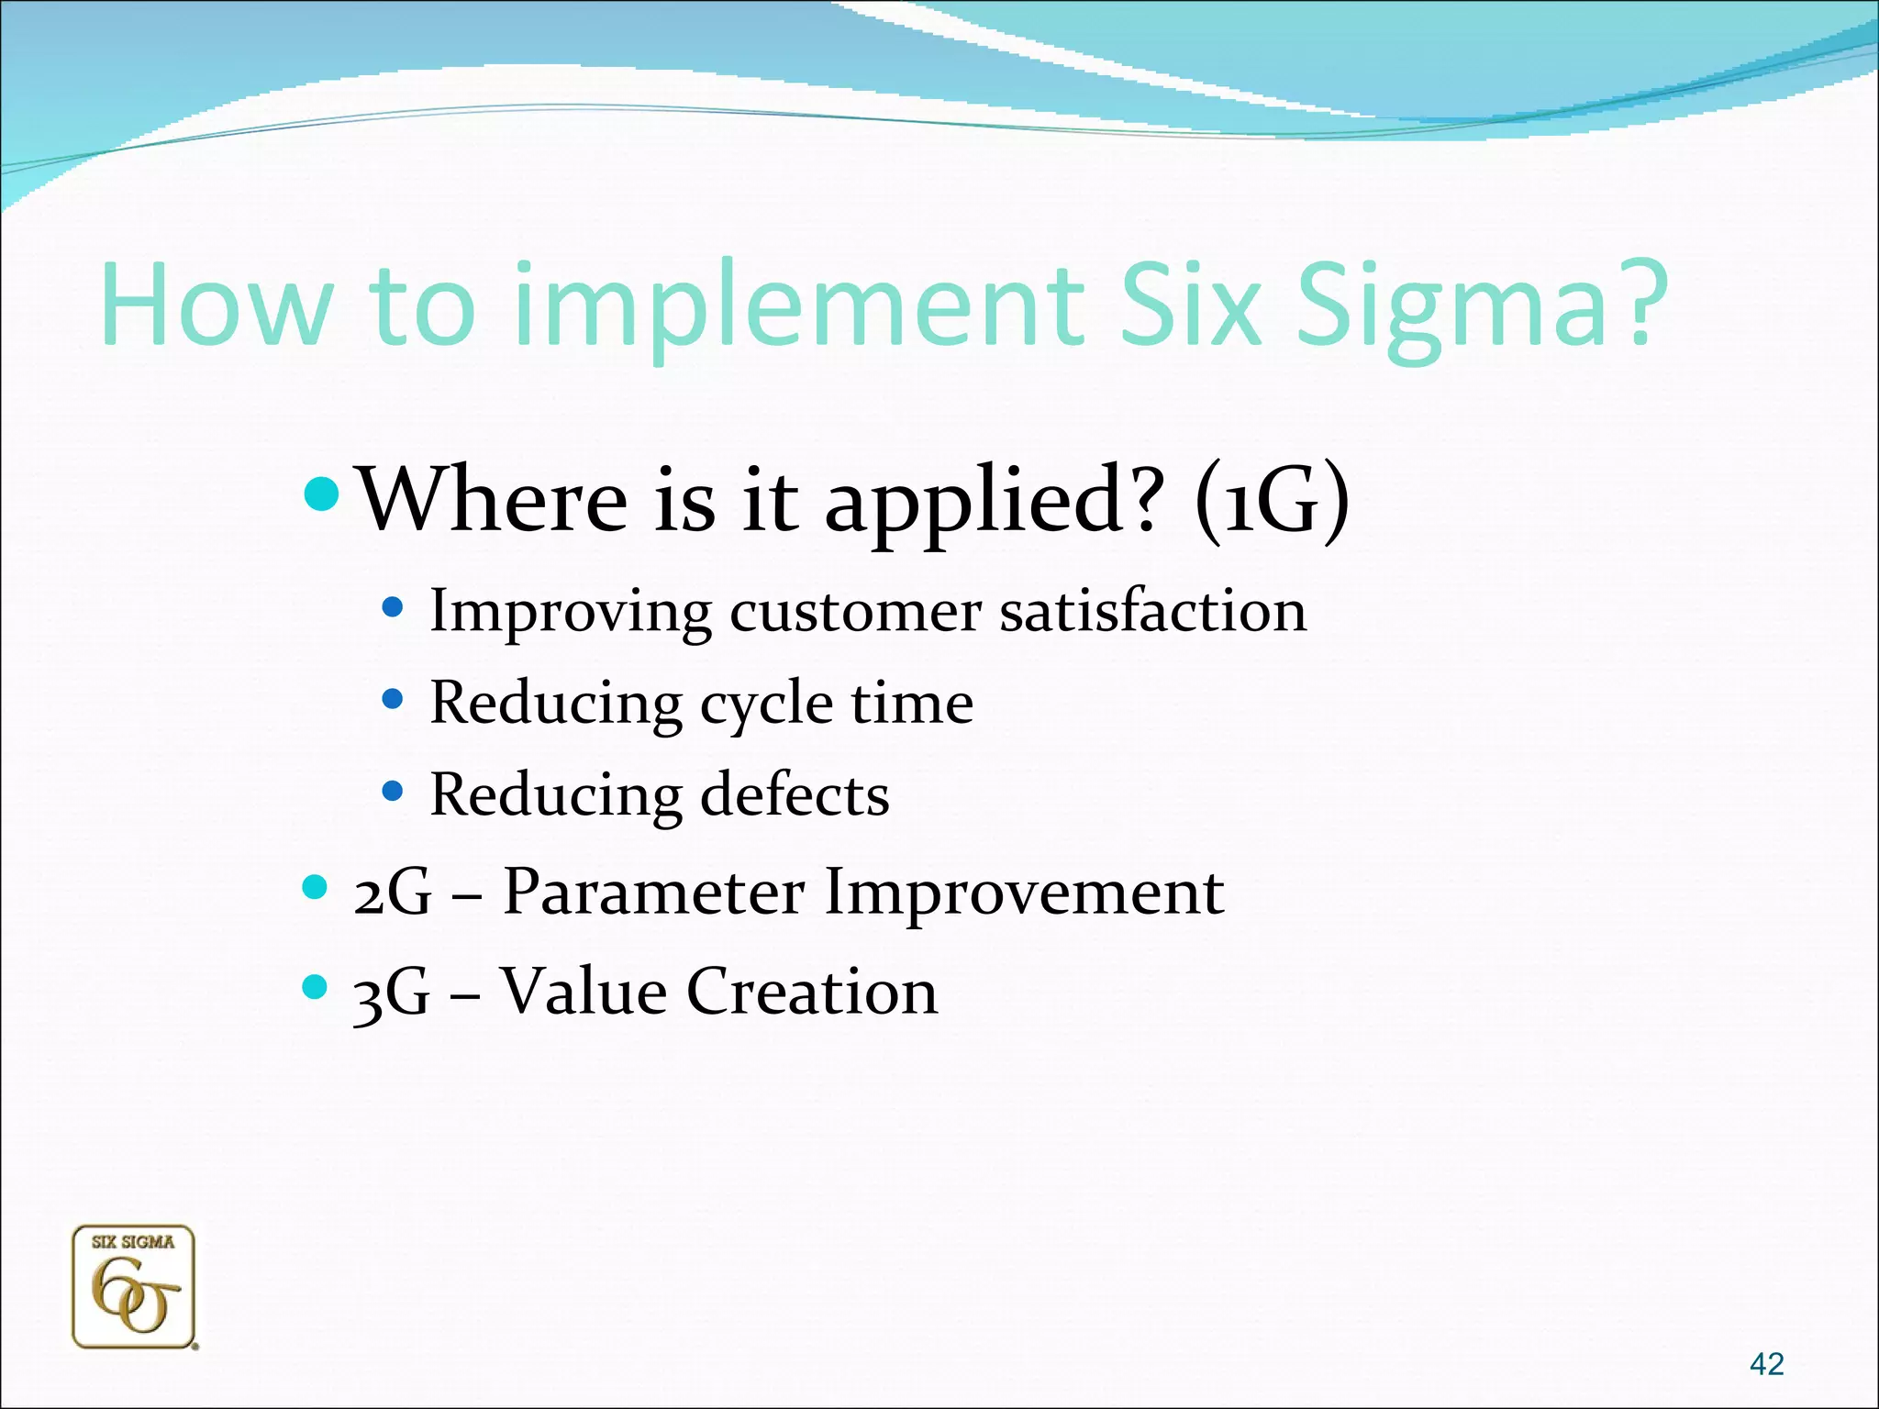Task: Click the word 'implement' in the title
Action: pos(798,307)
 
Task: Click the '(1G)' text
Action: pos(1272,500)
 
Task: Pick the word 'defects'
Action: pos(795,794)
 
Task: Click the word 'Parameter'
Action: pos(654,892)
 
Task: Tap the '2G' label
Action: pos(392,893)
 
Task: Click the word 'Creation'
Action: pos(812,992)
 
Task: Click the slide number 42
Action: pos(1766,1364)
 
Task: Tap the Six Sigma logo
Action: pos(134,1287)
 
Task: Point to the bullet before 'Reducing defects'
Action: pos(393,791)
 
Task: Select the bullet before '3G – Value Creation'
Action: pos(315,987)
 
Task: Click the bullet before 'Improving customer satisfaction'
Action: pos(393,607)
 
